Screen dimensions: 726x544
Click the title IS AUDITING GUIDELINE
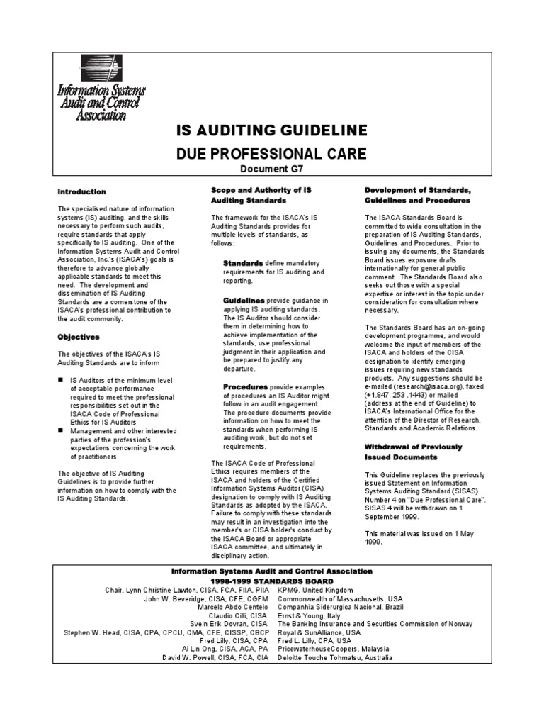271,130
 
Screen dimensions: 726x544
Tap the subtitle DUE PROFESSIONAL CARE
271,153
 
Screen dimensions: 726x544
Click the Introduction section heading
81,192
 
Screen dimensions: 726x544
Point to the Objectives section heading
79,337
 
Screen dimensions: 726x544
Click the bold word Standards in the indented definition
243,263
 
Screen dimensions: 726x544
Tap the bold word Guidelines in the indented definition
245,301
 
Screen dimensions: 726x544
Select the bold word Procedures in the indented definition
245,387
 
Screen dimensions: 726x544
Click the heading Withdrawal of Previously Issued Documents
413,452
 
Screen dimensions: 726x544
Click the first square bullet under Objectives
61,380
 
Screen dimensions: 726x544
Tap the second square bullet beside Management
61,430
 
